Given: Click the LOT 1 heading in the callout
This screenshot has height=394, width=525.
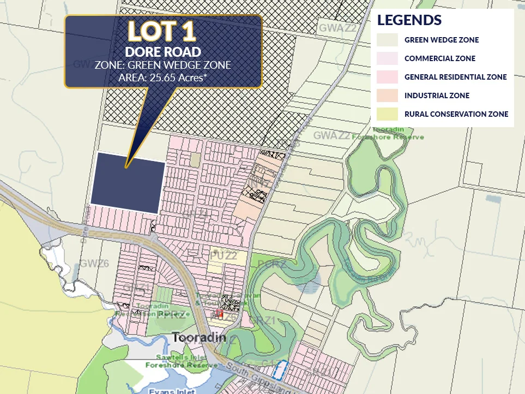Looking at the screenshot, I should point(162,32).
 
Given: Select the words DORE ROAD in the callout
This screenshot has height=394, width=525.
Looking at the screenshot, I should point(162,52).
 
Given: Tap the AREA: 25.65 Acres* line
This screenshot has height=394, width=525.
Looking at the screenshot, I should point(162,77).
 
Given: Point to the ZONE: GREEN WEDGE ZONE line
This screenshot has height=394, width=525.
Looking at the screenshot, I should point(162,65).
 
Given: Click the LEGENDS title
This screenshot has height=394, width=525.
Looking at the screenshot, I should point(409,20).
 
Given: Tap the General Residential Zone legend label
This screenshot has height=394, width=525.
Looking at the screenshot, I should point(455,77).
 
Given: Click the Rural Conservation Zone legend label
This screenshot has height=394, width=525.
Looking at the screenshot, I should point(456,114).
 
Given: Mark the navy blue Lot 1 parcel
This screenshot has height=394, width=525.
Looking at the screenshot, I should point(128,183).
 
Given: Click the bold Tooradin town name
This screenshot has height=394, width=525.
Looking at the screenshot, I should point(199,338).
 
